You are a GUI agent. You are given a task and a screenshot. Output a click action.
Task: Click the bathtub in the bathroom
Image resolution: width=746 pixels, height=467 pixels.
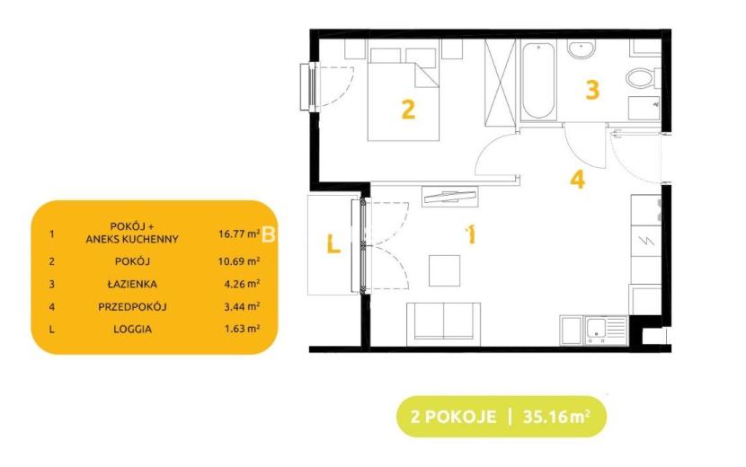pyautogui.click(x=538, y=80)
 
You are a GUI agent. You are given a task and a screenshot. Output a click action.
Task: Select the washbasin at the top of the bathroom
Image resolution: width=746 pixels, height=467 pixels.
pyautogui.click(x=582, y=49)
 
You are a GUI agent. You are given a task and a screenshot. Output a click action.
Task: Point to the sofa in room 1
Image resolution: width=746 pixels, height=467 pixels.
pyautogui.click(x=443, y=324)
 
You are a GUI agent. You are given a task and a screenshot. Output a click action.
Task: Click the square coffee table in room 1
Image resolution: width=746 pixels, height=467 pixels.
pyautogui.click(x=444, y=270)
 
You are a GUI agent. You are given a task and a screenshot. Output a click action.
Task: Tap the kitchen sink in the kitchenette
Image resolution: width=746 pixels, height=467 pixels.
pyautogui.click(x=606, y=330)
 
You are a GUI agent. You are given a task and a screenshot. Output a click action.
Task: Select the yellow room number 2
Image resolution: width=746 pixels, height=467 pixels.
pyautogui.click(x=408, y=110)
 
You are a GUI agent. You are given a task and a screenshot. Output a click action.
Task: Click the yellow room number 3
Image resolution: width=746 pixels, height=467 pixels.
pyautogui.click(x=591, y=90)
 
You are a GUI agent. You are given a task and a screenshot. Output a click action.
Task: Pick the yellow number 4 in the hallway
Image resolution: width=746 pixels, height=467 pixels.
pyautogui.click(x=578, y=180)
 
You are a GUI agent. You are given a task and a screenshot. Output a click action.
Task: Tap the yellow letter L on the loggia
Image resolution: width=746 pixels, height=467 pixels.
pyautogui.click(x=333, y=244)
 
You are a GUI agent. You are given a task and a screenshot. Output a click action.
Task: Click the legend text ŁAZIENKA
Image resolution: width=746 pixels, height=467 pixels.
pyautogui.click(x=132, y=284)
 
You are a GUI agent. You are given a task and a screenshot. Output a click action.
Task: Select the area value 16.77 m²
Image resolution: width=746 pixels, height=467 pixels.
pyautogui.click(x=239, y=233)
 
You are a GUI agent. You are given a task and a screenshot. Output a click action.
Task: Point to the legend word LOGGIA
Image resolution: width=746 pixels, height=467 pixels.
pyautogui.click(x=133, y=329)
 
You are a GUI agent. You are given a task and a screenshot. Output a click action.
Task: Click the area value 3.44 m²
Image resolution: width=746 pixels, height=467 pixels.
pyautogui.click(x=242, y=307)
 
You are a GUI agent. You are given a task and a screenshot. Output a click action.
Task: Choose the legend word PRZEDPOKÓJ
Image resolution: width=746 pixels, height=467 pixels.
pyautogui.click(x=132, y=307)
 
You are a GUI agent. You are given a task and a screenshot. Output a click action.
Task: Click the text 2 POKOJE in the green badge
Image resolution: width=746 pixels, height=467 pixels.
pyautogui.click(x=453, y=417)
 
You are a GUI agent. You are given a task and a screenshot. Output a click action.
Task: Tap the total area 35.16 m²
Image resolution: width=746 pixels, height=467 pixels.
pyautogui.click(x=556, y=417)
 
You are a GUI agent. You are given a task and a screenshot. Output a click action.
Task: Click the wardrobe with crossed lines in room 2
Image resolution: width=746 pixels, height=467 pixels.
pyautogui.click(x=500, y=83)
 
